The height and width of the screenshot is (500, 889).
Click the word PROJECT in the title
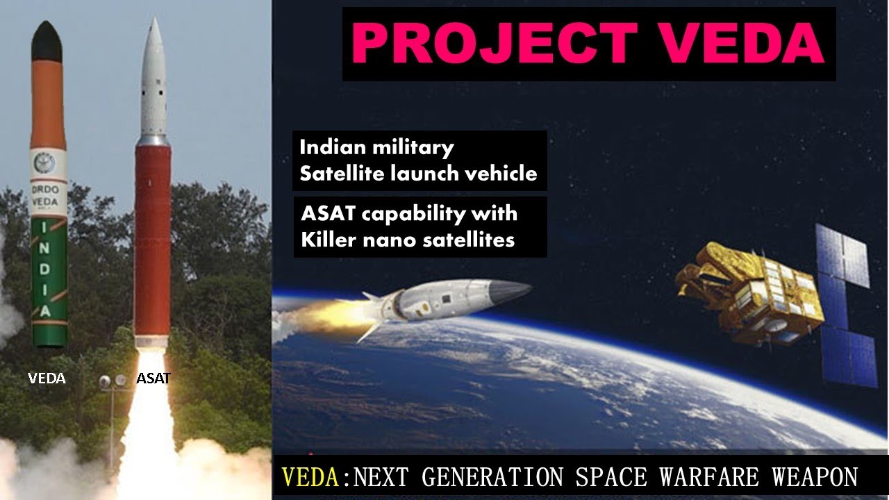click(x=498, y=44)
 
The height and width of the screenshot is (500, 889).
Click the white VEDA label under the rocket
click(x=47, y=378)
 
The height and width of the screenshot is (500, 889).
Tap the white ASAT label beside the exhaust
click(x=153, y=378)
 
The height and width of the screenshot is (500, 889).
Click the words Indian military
click(x=376, y=147)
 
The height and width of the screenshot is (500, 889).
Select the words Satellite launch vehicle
click(x=418, y=173)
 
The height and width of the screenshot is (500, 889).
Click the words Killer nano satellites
click(x=407, y=240)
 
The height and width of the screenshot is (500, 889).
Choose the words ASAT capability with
click(x=408, y=213)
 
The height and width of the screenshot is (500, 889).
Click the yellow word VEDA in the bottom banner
click(x=311, y=478)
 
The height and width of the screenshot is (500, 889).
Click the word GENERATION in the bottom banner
click(x=492, y=478)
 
